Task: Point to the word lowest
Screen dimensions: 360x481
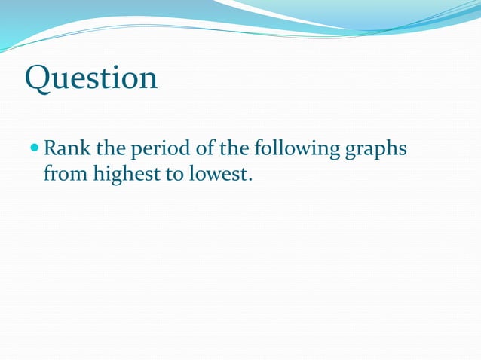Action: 216,175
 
